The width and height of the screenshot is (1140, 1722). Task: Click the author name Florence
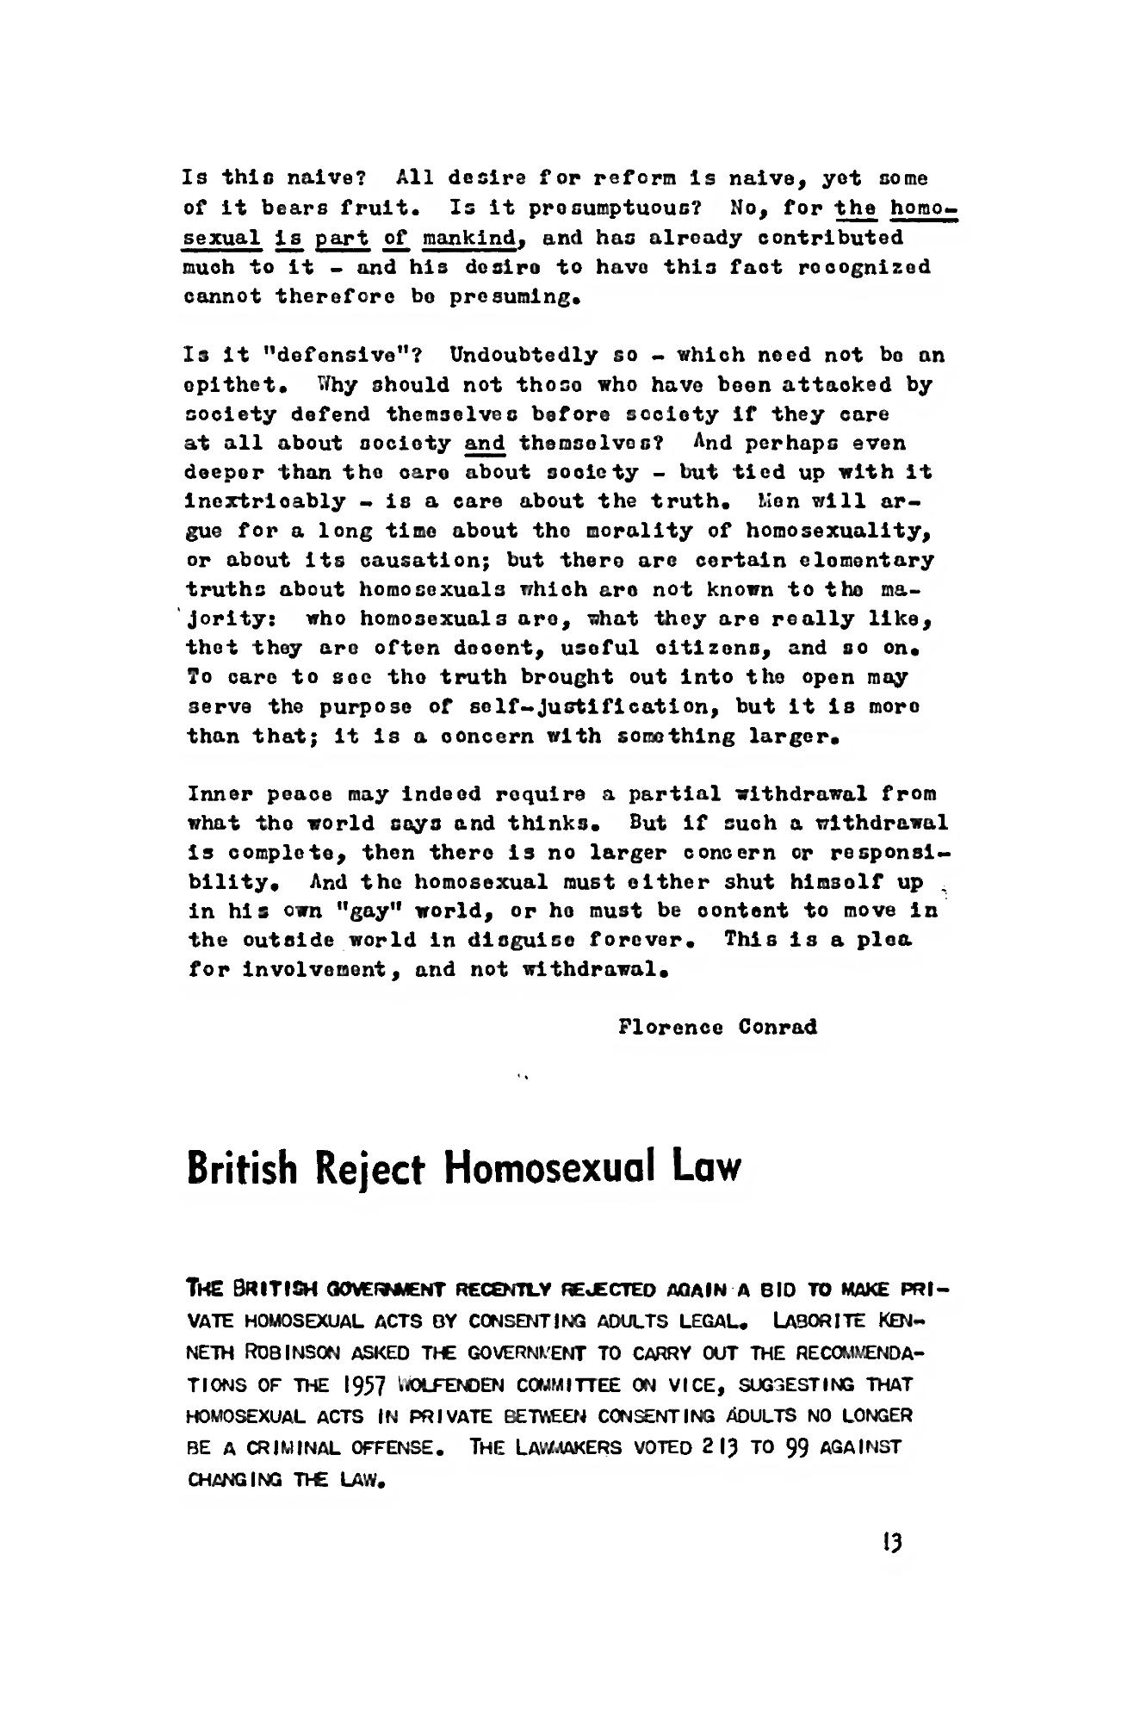pos(670,1027)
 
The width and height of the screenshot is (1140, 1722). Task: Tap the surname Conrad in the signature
pos(778,1027)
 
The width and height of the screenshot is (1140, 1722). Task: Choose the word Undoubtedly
pos(524,355)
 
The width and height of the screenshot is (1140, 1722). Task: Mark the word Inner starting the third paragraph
pos(215,793)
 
